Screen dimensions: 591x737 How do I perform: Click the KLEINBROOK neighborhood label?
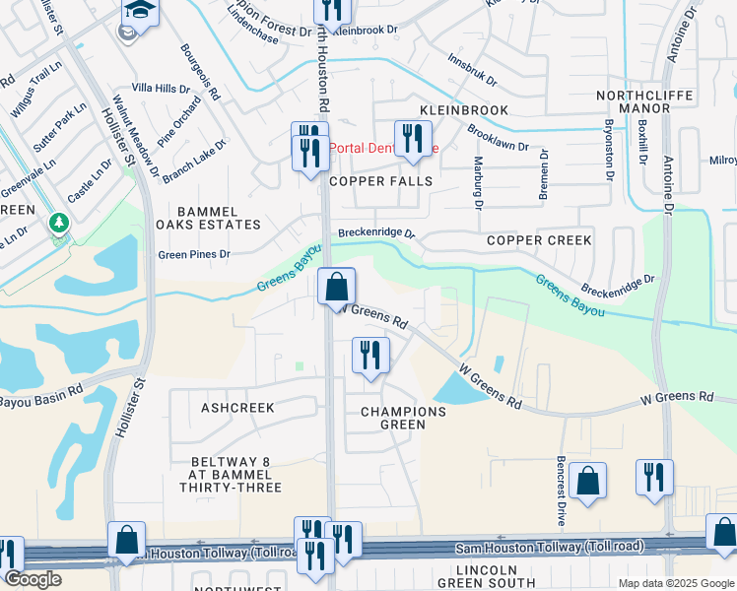point(463,110)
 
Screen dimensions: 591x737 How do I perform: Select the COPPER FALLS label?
point(380,181)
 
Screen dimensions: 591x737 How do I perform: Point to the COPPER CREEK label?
point(539,240)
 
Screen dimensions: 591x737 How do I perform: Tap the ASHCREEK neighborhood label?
point(236,407)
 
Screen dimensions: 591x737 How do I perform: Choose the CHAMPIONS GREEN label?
point(403,418)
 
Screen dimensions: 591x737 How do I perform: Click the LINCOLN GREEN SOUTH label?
point(501,577)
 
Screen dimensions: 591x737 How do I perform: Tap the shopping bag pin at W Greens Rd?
point(337,287)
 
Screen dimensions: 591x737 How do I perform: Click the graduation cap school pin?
point(140,13)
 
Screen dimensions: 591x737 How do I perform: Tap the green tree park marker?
point(59,223)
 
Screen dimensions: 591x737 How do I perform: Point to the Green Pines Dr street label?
point(194,253)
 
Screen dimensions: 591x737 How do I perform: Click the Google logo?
point(32,579)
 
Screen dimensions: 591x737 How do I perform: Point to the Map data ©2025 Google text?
point(676,583)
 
